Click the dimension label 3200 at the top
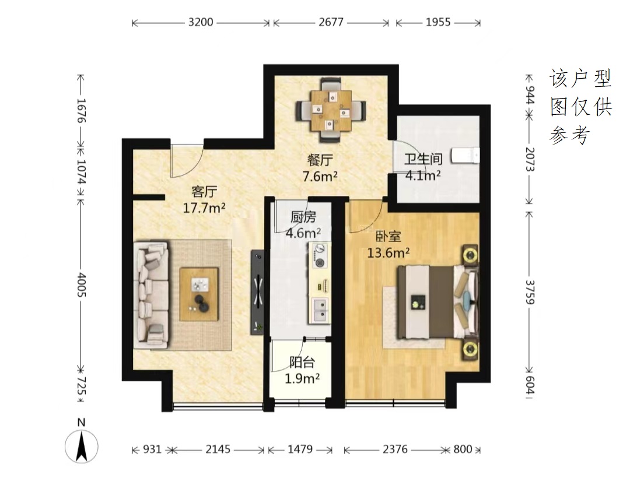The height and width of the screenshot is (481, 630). pos(201,22)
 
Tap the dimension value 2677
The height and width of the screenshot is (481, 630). pos(331,22)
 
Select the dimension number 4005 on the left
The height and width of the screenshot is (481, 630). pos(82,285)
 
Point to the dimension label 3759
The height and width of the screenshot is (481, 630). pos(530,292)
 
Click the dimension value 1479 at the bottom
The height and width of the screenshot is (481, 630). pos(300,449)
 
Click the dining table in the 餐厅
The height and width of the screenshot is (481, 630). pos(331,110)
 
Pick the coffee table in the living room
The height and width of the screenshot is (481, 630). pos(199,294)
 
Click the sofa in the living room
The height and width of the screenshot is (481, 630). pos(151,294)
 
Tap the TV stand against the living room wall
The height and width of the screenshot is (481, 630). pos(258,292)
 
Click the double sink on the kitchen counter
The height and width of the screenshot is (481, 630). pos(320,310)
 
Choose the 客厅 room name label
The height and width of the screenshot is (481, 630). pos(204,191)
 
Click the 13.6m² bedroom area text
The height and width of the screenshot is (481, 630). pos(388,252)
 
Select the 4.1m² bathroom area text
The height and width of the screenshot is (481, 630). pos(423,175)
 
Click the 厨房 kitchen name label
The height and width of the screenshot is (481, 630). pos(303,217)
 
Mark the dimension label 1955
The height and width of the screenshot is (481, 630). pos(438,22)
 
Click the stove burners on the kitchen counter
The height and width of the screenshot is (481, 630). pos(320,256)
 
